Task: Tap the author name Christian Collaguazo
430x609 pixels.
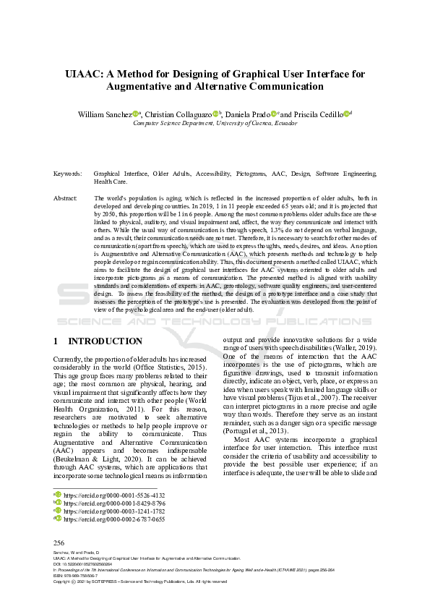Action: point(178,114)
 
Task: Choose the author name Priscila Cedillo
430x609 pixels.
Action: point(317,114)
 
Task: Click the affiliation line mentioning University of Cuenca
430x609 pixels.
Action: point(215,124)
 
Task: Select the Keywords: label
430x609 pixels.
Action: point(67,174)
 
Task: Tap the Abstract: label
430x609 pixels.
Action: point(66,197)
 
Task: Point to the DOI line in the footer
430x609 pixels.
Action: point(87,563)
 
